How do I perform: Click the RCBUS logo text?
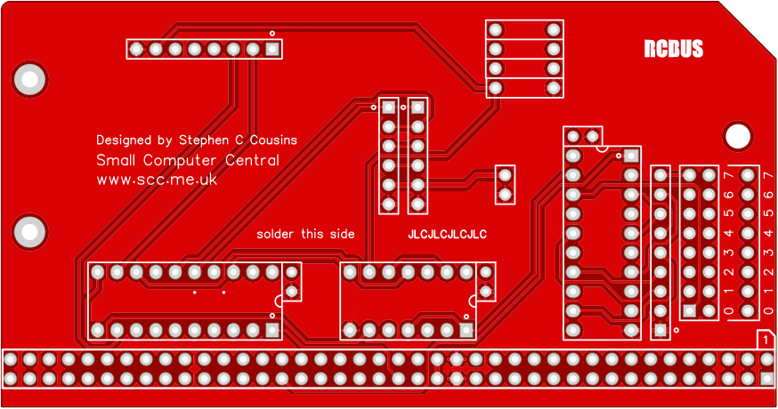click(674, 49)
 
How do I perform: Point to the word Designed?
click(124, 140)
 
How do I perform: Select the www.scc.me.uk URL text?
click(157, 180)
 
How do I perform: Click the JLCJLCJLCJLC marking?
click(447, 235)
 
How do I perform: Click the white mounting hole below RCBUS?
click(737, 136)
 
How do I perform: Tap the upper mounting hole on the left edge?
click(29, 80)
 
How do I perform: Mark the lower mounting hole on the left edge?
click(29, 233)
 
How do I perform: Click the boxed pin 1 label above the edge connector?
click(765, 339)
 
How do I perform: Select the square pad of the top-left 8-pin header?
click(272, 49)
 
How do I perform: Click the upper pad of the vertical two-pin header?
click(505, 175)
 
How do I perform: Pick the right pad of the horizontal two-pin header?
click(593, 136)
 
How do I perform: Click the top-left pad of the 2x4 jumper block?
click(496, 29)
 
